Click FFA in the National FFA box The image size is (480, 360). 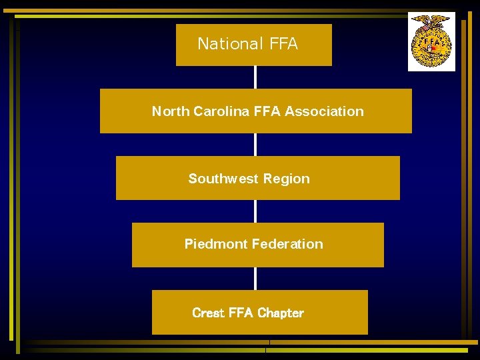pyautogui.click(x=283, y=45)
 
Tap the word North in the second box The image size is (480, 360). pyautogui.click(x=171, y=111)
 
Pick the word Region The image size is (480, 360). pyautogui.click(x=287, y=179)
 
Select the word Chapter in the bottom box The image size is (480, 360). pyautogui.click(x=280, y=313)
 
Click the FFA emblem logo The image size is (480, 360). pyautogui.click(x=431, y=41)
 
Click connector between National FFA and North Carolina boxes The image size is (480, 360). pyautogui.click(x=255, y=77)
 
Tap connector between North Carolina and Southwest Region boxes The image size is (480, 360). pyautogui.click(x=255, y=145)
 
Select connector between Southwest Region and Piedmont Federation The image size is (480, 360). pyautogui.click(x=255, y=211)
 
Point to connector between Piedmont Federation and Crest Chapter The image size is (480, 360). pyautogui.click(x=255, y=279)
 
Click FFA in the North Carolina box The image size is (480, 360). pyautogui.click(x=267, y=111)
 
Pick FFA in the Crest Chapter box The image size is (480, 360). pyautogui.click(x=241, y=313)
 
